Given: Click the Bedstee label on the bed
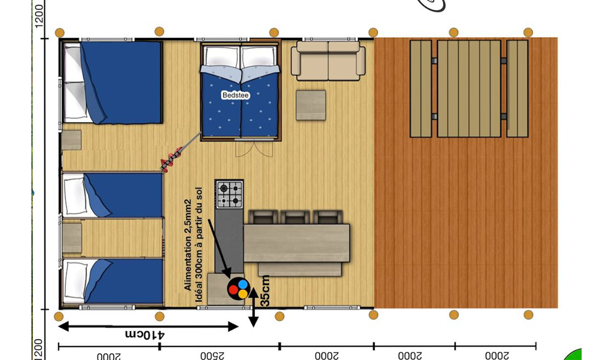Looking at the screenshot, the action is point(235,95).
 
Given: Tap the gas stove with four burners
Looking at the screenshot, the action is point(230,195).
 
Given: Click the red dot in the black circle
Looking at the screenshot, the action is point(233,290).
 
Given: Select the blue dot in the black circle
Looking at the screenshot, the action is point(243,284).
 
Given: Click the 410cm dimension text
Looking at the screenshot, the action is point(145,335).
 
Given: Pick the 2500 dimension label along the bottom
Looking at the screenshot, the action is point(212,355).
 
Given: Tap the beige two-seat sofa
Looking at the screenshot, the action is point(328,61).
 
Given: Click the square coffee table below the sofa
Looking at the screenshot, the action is point(311,105).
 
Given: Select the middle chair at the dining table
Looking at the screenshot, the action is point(295,217).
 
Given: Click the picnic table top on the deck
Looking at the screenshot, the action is point(469,89).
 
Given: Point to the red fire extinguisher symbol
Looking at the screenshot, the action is point(172,158).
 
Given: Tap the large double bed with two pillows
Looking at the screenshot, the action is point(112,82).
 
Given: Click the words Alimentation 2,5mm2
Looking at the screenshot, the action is point(188,245).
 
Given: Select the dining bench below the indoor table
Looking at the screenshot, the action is point(299,270).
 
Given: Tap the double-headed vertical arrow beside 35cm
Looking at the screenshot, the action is point(253,307).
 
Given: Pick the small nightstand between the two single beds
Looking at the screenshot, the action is point(72,238).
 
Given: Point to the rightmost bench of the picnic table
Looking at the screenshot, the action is point(517,89).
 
